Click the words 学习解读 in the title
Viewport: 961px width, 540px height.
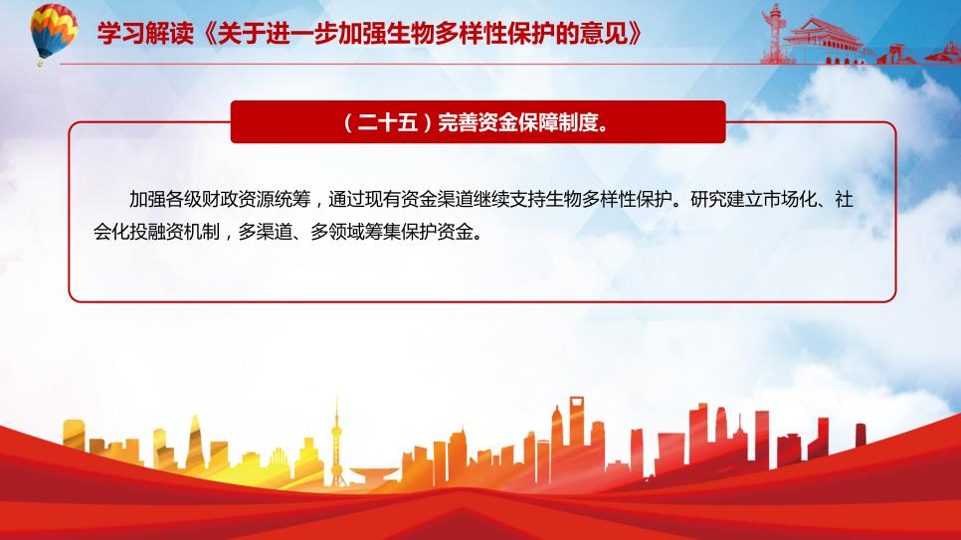pos(145,33)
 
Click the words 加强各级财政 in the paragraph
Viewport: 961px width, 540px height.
pos(183,199)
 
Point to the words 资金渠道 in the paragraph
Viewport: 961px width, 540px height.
pos(437,199)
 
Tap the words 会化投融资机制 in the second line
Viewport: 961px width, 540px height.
pos(156,232)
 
